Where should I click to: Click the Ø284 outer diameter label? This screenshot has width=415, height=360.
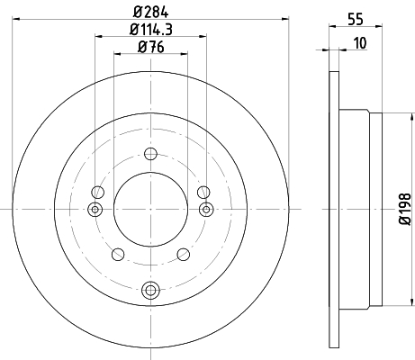pyautogui.click(x=151, y=12)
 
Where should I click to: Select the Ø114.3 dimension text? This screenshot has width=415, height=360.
pyautogui.click(x=151, y=30)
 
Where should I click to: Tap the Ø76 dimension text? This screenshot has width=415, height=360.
pyautogui.click(x=151, y=47)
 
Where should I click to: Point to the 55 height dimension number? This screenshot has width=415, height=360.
pyautogui.click(x=356, y=20)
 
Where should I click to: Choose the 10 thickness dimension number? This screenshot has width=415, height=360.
pyautogui.click(x=360, y=43)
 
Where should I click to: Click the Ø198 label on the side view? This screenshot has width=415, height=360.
pyautogui.click(x=405, y=209)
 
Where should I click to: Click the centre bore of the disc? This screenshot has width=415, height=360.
pyautogui.click(x=150, y=210)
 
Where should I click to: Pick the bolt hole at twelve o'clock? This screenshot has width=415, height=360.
pyautogui.click(x=150, y=154)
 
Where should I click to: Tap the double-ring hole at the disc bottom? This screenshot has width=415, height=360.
pyautogui.click(x=150, y=290)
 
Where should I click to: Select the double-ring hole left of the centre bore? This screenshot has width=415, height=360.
pyautogui.click(x=95, y=209)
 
